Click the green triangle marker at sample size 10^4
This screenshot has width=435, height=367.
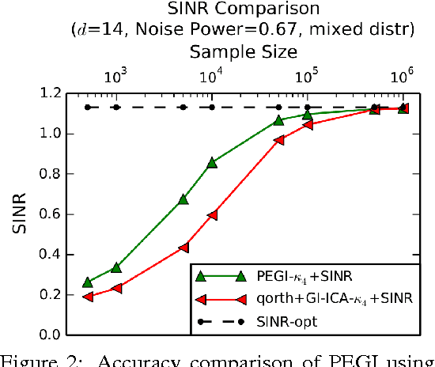pos(212,162)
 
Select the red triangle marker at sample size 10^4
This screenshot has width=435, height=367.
pos(212,214)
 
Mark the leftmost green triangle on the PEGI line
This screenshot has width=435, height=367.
pos(88,282)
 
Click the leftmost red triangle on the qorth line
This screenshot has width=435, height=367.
pos(88,296)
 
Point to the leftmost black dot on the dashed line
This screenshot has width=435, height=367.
pos(88,107)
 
